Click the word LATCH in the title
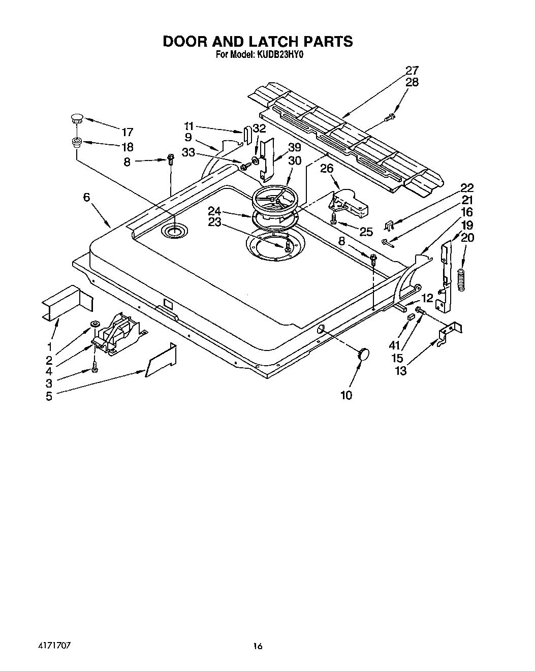click(264, 41)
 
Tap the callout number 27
click(412, 71)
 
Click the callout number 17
click(127, 132)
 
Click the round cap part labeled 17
click(76, 119)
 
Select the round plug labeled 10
click(363, 354)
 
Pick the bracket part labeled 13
click(450, 334)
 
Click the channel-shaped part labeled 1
click(67, 303)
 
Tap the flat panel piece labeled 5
click(161, 362)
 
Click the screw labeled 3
click(95, 369)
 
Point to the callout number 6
click(86, 197)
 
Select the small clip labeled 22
click(389, 225)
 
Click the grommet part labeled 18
click(77, 142)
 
